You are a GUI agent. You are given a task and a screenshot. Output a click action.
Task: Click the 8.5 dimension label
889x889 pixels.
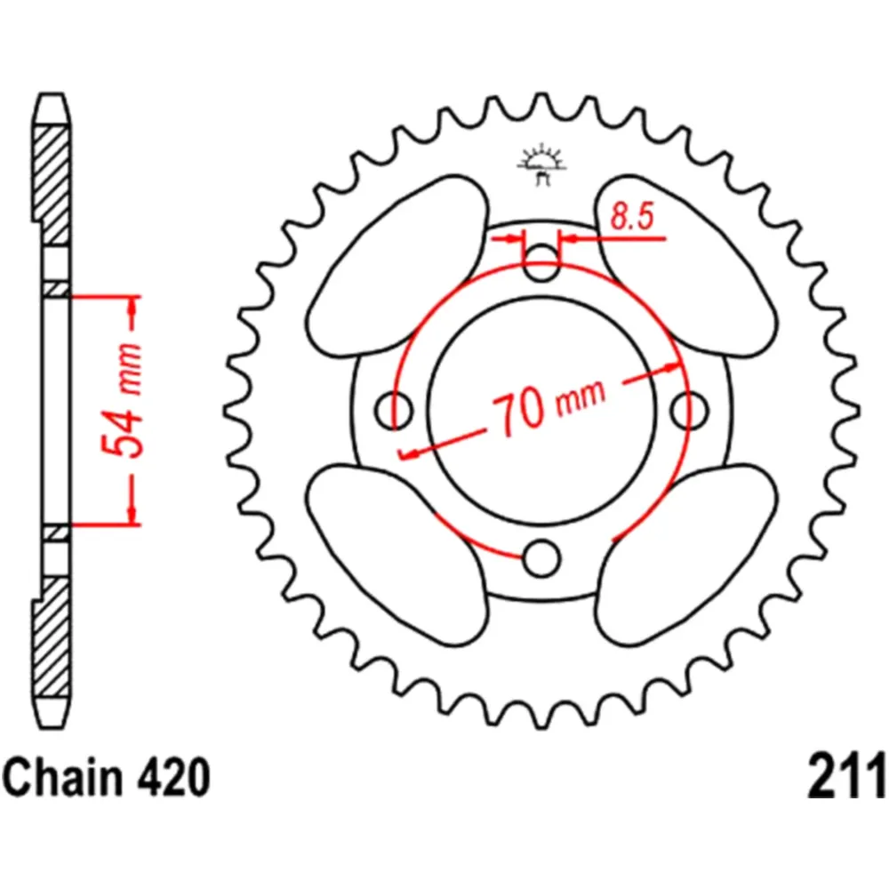pos(629,218)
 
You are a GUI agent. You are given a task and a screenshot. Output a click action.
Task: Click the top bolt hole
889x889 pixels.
pos(541,260)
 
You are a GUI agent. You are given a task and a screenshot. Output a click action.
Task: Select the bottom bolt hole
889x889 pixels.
pos(541,559)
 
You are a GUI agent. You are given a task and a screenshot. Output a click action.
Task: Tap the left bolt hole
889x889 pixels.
pos(394,410)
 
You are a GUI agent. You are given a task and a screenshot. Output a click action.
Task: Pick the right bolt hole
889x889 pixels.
pos(689,410)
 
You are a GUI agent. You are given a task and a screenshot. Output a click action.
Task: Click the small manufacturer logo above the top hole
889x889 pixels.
pos(541,165)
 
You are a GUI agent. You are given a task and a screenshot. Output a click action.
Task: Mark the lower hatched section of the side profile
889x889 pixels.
pos(52,631)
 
